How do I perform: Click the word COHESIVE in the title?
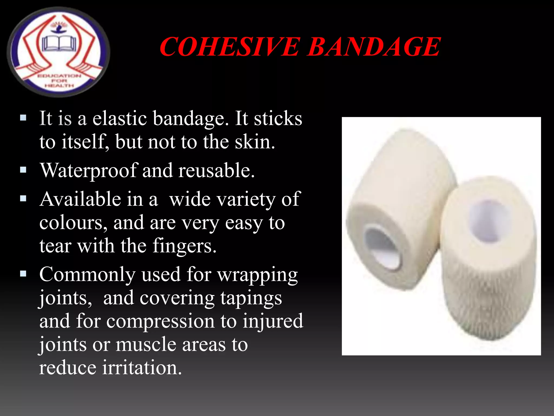point(230,47)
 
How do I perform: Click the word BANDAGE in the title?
point(374,47)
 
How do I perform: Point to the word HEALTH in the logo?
point(59,86)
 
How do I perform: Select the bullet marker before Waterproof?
point(23,170)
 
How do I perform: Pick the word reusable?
point(216,170)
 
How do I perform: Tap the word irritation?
point(142,368)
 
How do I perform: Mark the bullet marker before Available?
point(23,199)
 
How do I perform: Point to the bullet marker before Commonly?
point(23,274)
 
